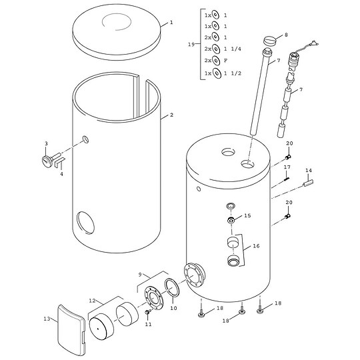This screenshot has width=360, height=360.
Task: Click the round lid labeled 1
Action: point(116,32)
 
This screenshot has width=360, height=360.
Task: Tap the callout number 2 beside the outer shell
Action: point(171,115)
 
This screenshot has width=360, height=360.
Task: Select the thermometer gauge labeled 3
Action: point(49,159)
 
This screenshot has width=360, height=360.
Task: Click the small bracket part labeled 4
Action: point(60,163)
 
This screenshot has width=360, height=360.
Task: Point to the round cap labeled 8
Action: point(270,41)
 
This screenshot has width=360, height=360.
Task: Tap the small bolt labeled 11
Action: point(147,312)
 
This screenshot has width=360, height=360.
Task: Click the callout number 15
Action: point(247,215)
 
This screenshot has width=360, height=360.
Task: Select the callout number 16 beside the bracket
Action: point(256,246)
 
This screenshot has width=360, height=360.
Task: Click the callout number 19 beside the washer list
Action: point(191,44)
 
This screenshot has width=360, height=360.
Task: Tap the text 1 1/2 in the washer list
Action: point(233,73)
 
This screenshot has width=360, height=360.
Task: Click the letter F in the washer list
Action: point(226,61)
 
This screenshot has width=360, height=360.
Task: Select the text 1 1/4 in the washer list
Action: point(233,49)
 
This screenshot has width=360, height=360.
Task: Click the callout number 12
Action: point(92,301)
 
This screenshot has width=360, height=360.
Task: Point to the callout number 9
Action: point(141,274)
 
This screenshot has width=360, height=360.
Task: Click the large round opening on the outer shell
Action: point(85,223)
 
